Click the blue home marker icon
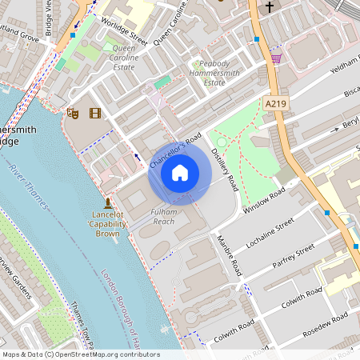[x=180, y=172]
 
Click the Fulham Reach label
[x=164, y=215]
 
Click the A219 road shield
[x=274, y=103]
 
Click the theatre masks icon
[x=73, y=114]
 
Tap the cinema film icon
[x=95, y=114]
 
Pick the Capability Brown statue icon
[x=107, y=202]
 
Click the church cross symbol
[x=269, y=6]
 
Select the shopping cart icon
[x=276, y=58]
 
